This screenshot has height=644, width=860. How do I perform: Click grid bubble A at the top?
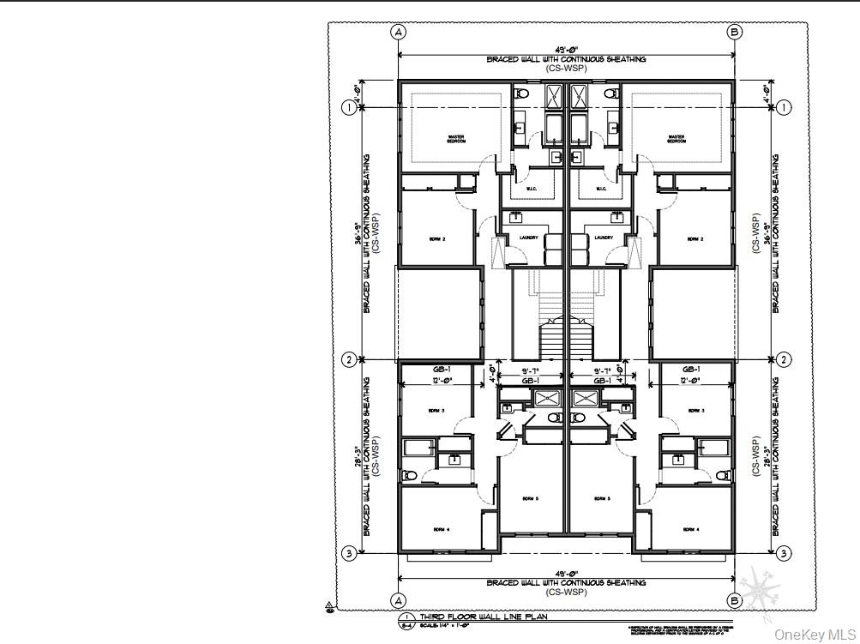tap(398, 32)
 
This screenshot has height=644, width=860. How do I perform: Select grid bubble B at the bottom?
tap(734, 600)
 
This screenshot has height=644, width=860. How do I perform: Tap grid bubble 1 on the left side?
tap(349, 107)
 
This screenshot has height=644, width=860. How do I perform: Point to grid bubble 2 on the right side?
tap(784, 359)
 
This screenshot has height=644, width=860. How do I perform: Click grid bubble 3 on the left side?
tap(349, 553)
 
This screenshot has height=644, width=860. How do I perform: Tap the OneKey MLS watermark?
tap(815, 634)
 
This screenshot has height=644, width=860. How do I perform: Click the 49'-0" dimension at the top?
tap(566, 51)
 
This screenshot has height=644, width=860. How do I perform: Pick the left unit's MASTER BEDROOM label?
tap(456, 138)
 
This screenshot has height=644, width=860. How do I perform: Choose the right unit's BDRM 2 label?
tap(694, 239)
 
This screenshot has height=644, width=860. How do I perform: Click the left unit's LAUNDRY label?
tap(528, 238)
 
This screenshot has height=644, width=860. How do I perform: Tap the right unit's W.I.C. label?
tap(601, 190)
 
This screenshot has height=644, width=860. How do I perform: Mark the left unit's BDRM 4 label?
tap(442, 528)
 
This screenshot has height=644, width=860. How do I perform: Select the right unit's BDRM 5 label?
tap(601, 497)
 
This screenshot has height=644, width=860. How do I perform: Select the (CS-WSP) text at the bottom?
tap(566, 592)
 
